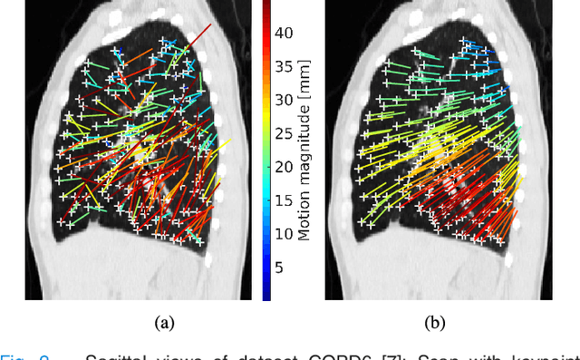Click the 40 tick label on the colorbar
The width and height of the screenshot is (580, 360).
tap(284, 34)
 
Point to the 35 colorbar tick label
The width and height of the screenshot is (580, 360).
tap(284, 67)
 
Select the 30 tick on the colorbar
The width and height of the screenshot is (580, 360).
tap(284, 100)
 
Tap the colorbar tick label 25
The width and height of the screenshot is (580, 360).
tap(284, 133)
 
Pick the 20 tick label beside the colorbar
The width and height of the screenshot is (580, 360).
tap(284, 167)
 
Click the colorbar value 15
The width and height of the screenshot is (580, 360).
tap(284, 200)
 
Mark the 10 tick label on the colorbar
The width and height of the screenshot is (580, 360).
tap(284, 234)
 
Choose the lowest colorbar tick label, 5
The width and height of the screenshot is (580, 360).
tap(280, 268)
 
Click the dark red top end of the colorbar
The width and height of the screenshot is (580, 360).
tap(266, 7)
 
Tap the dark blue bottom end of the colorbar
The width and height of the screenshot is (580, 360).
tap(266, 295)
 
